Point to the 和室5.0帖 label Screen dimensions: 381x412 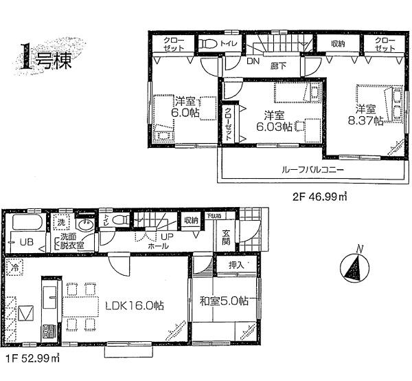click(x=223, y=301)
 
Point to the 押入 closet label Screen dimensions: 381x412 click(x=227, y=264)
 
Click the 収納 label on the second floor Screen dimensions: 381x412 click(x=337, y=43)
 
